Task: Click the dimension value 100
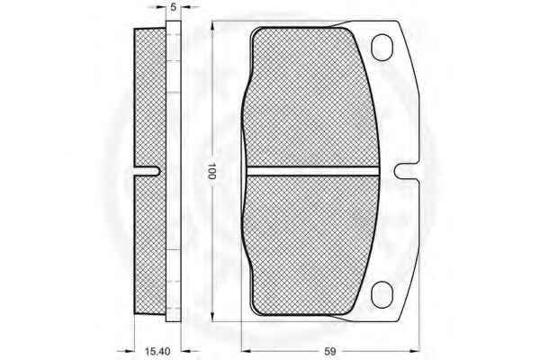[211, 171]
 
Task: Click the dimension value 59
[330, 351]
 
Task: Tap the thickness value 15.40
[157, 351]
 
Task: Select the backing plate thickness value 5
[173, 7]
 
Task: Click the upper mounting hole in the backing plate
[382, 48]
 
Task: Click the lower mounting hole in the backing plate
[382, 294]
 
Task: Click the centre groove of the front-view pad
[312, 171]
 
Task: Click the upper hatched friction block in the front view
[311, 97]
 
